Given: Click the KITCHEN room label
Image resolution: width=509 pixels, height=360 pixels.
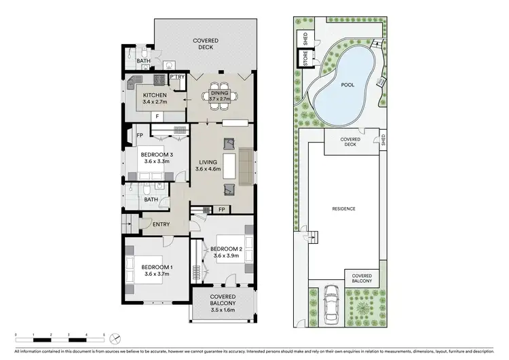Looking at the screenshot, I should click(155, 94).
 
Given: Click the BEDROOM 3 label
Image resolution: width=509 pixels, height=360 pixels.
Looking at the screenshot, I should click(157, 155).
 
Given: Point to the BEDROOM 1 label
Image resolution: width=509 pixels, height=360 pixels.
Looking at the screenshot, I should click(157, 267).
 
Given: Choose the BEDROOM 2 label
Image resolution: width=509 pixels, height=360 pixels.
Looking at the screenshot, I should click(227, 248).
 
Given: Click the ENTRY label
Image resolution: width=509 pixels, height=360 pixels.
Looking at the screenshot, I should click(162, 225).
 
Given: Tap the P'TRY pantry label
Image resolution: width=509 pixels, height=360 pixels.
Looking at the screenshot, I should click(177, 77).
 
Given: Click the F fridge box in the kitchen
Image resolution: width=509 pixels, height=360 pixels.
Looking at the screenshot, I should click(157, 116).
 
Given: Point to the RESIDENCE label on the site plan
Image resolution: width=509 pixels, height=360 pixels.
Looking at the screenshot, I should click(343, 209).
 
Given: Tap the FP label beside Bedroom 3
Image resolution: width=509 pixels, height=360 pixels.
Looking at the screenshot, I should click(139, 134).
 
